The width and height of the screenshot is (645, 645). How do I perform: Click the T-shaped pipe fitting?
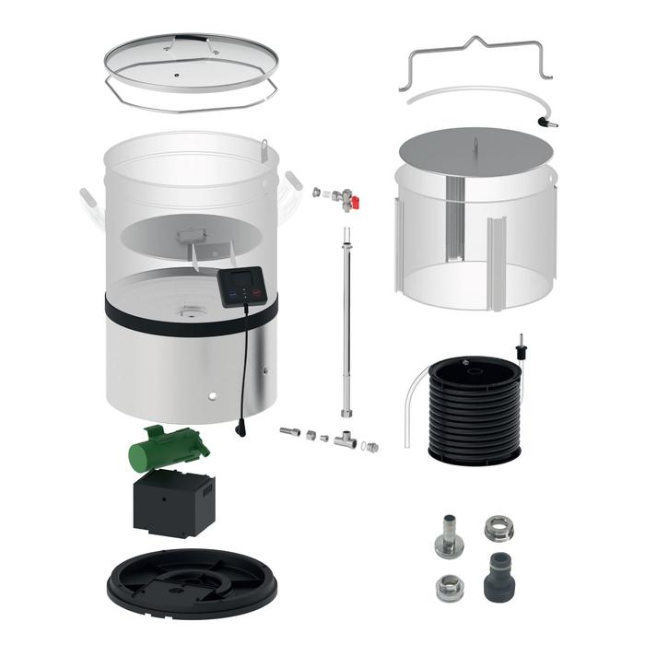pos(346,440)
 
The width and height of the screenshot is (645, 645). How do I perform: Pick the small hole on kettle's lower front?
pos(213,397)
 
